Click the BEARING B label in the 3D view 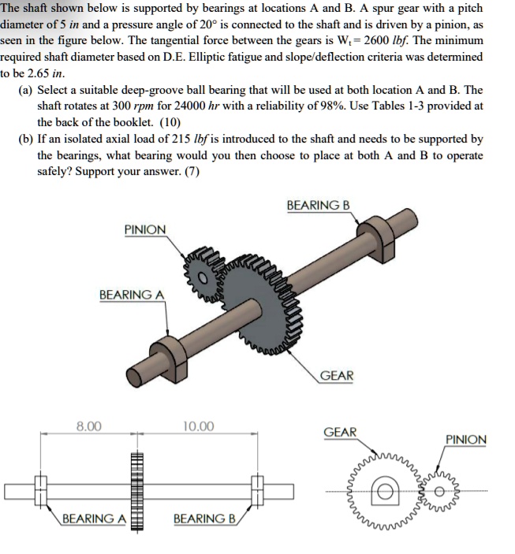(318, 205)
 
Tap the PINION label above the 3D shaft (145, 229)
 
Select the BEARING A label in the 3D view (132, 295)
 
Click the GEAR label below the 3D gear (338, 376)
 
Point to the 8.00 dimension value (88, 426)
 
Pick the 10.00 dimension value (198, 426)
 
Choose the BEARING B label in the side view (204, 519)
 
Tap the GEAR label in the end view (340, 432)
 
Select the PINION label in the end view (466, 439)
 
